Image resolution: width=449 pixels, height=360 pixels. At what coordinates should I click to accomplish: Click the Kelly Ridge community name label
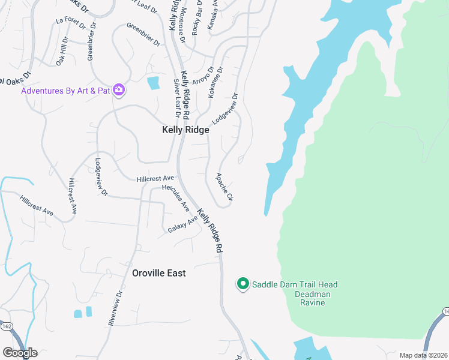pyautogui.click(x=185, y=130)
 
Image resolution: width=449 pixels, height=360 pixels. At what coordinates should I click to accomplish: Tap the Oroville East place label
pyautogui.click(x=159, y=273)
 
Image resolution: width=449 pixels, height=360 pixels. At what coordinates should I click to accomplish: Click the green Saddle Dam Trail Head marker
pyautogui.click(x=243, y=284)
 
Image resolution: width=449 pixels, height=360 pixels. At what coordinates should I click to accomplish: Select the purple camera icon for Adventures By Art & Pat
pyautogui.click(x=118, y=90)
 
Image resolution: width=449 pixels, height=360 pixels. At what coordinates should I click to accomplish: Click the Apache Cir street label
pyautogui.click(x=223, y=187)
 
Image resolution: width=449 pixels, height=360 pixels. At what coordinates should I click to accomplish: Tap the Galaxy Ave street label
pyautogui.click(x=182, y=224)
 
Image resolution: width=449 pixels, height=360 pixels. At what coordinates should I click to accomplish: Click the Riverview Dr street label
pyautogui.click(x=115, y=308)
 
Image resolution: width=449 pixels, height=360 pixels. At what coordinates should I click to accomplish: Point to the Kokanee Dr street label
pyautogui.click(x=215, y=82)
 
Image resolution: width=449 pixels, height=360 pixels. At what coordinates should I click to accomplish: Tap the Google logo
pyautogui.click(x=20, y=353)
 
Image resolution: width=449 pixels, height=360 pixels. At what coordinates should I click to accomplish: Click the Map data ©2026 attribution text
pyautogui.click(x=423, y=355)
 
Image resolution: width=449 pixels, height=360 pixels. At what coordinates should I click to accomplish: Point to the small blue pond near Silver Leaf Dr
pyautogui.click(x=154, y=83)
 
